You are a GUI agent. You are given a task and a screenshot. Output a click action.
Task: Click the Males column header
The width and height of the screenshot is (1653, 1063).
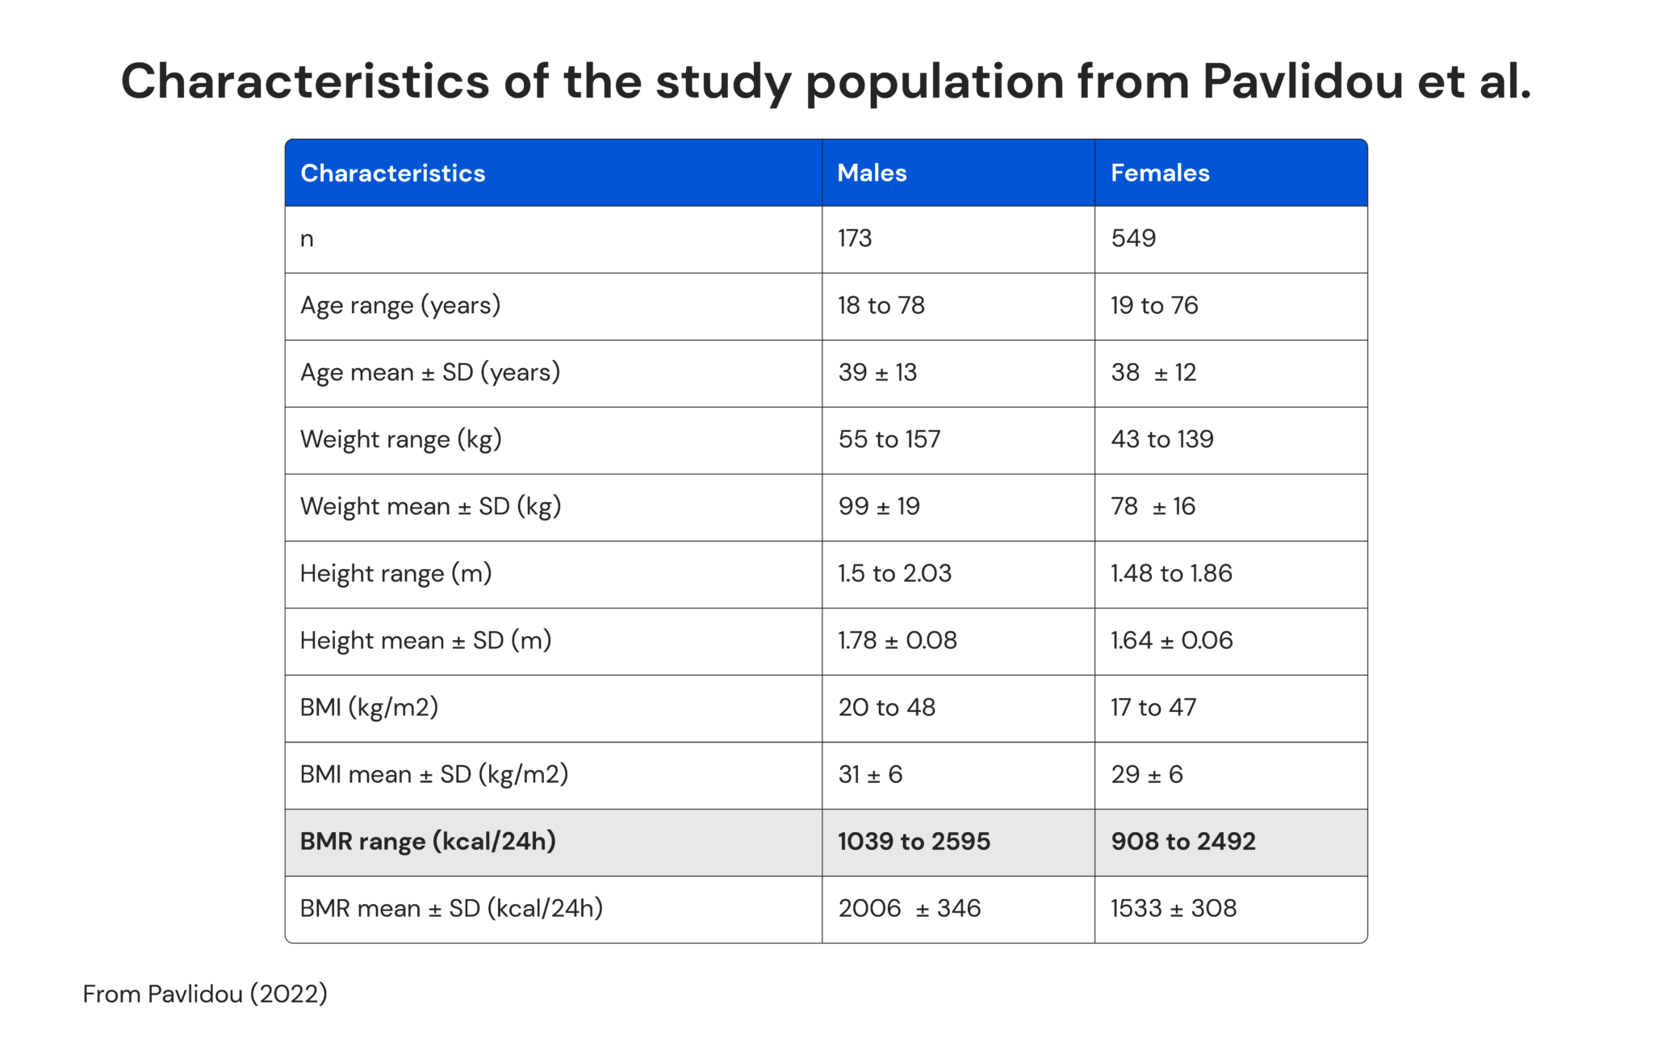872,173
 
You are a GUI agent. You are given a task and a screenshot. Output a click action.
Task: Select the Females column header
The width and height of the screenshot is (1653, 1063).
1160,173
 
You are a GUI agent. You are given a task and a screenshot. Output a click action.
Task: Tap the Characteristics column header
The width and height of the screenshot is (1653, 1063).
393,173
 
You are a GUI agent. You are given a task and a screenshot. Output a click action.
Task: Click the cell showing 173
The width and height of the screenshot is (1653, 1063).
855,238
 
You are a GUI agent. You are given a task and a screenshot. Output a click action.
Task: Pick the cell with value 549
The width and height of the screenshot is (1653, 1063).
1133,238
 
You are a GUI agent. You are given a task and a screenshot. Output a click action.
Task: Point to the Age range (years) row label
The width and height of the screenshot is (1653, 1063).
400,305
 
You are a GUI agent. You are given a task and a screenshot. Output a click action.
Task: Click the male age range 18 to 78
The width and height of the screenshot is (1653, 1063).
881,305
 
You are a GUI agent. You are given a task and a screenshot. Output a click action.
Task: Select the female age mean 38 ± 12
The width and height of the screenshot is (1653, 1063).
1153,372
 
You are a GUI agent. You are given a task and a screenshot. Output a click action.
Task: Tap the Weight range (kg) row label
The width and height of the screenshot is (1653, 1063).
401,439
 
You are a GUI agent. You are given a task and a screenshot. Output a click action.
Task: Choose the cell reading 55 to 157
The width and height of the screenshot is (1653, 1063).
889,439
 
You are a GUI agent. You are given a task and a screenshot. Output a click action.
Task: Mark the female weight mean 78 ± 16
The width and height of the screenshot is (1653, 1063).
1153,506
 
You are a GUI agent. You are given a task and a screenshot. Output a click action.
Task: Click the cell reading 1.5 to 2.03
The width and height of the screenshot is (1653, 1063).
894,573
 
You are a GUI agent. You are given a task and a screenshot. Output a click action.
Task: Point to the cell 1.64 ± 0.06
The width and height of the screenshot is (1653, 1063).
1171,640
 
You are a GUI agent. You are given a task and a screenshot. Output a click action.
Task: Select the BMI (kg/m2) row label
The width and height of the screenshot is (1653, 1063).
369,707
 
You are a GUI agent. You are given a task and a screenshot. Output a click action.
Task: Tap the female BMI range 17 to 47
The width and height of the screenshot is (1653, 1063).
1153,707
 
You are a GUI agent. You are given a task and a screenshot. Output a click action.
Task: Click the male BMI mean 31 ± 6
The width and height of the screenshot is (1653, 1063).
870,774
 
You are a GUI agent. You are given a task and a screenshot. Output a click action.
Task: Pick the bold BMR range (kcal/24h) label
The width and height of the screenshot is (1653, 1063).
428,841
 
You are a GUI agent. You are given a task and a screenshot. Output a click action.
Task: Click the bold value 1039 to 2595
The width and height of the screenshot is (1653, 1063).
914,841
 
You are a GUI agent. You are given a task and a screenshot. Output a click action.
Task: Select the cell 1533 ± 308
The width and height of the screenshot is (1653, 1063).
1174,908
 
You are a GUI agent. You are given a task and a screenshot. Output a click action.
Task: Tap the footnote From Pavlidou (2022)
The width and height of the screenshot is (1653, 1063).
205,994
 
